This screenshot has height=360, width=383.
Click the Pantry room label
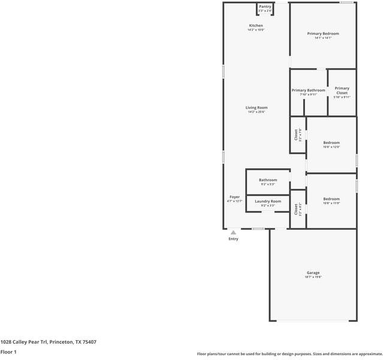tap(264, 7)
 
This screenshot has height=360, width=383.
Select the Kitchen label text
tap(256, 26)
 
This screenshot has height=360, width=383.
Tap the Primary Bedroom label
tap(323, 34)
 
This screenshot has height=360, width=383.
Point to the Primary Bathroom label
tap(308, 91)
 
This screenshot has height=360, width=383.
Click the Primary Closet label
tap(342, 91)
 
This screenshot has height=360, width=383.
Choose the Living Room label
tap(256, 108)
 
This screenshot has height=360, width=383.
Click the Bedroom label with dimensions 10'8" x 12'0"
tap(331, 143)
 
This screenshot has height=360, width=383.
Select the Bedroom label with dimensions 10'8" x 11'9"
tap(331, 199)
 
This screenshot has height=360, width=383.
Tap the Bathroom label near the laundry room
tap(268, 180)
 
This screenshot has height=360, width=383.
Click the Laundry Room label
tap(268, 202)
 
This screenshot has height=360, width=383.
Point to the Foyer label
tap(234, 197)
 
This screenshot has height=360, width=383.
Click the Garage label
tap(313, 273)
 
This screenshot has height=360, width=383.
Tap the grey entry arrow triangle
tap(233, 232)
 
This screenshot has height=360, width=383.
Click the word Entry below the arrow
tap(233, 239)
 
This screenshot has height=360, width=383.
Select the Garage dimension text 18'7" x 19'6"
tap(313, 277)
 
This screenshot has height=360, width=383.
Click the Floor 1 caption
tap(8, 352)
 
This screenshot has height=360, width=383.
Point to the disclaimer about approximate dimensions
tap(289, 354)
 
